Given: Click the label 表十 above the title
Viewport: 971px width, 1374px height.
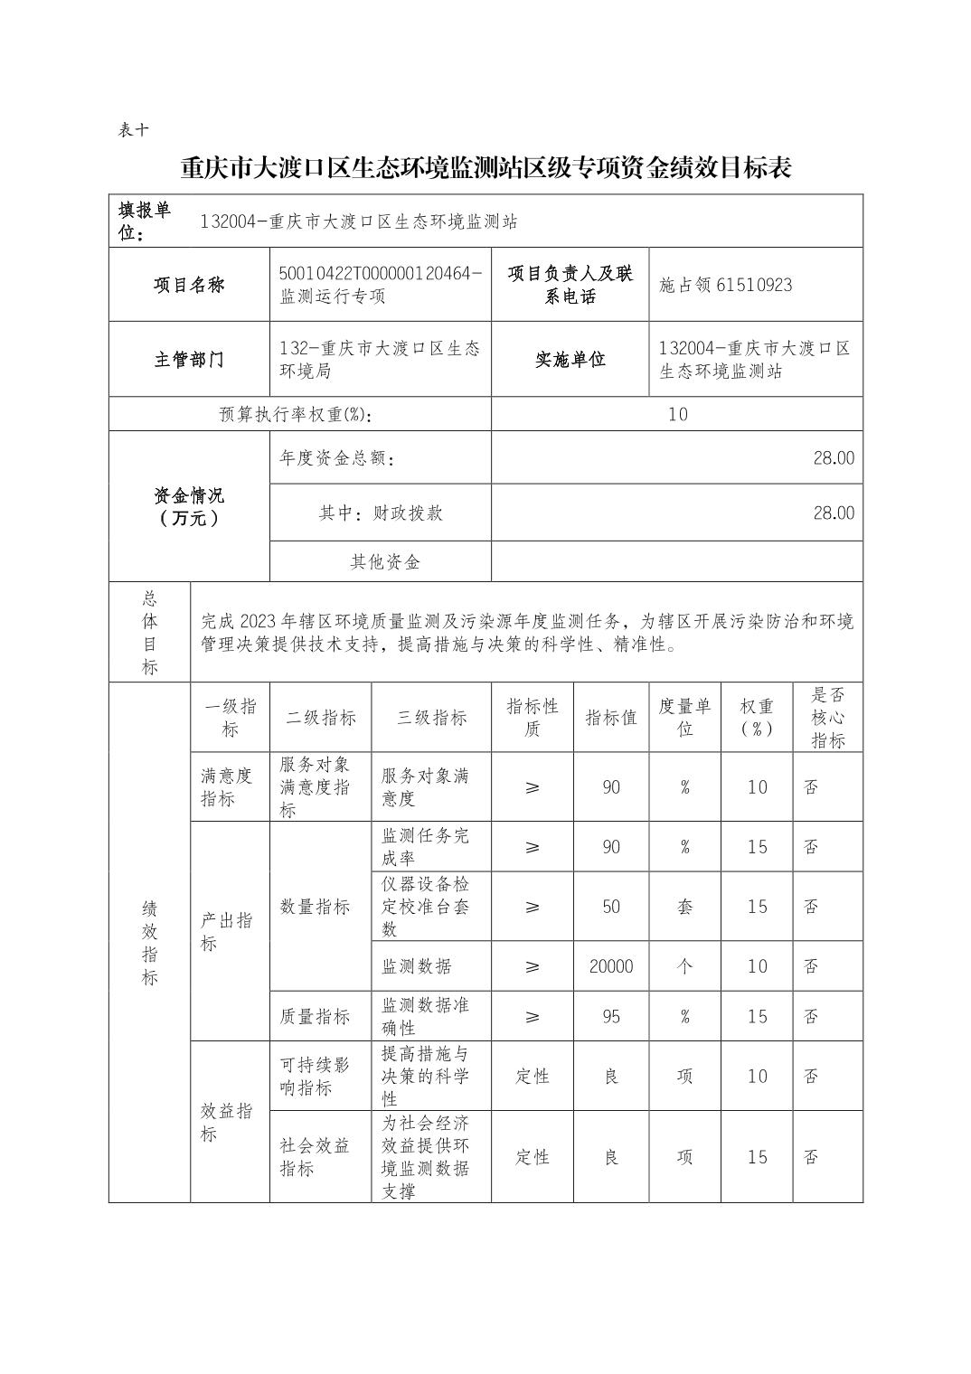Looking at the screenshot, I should [133, 130].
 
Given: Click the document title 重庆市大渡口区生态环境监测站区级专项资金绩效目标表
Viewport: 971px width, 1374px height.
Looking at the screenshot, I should [485, 168].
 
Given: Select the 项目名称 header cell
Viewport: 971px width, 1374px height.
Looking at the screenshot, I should [189, 285].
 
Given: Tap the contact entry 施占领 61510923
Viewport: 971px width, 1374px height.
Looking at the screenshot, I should [725, 286].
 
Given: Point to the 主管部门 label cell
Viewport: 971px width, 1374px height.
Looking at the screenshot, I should [189, 360].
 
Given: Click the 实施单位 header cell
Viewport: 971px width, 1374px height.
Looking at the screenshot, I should [570, 360].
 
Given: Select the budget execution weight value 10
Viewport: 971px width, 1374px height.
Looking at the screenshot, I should [677, 414].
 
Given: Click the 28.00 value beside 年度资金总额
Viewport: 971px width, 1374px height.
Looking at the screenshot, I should [833, 458].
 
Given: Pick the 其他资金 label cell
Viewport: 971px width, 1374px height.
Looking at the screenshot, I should [385, 562].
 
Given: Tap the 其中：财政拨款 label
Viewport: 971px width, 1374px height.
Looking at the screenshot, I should [381, 513].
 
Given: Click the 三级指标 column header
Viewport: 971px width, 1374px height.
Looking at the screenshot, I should [431, 718].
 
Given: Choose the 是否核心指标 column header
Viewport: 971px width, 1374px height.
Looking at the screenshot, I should [827, 718].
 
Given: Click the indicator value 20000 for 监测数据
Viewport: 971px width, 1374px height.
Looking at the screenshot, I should [611, 966].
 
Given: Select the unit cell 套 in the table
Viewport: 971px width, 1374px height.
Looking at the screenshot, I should [684, 907].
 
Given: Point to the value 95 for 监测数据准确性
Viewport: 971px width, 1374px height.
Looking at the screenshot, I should [611, 1017].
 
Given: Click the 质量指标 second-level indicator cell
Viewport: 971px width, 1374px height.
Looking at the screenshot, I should [315, 1017].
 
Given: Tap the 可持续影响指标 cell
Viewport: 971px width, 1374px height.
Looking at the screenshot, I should [315, 1076].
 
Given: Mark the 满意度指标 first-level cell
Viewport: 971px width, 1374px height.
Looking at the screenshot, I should [227, 787].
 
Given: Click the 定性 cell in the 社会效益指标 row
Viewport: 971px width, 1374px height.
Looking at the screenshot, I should [532, 1157].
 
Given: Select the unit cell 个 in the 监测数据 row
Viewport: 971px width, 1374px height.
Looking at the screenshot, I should [684, 966].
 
